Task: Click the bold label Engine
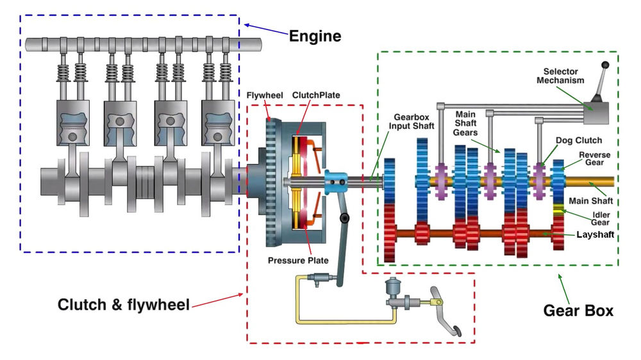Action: coord(315,36)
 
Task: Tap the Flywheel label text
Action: coord(265,95)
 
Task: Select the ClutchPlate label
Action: coord(316,95)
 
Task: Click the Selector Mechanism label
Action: coord(560,76)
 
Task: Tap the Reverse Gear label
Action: coord(594,159)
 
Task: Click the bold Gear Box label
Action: coord(578,311)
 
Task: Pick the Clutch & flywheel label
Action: coord(124,305)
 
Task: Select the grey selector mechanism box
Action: coord(596,113)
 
